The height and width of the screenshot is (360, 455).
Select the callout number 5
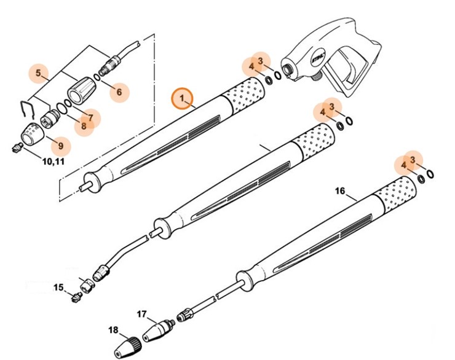point(38,74)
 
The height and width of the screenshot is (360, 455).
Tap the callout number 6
point(119,93)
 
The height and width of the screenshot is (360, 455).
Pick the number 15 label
point(58,287)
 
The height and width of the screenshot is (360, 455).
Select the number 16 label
point(340,191)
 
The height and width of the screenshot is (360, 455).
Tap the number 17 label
point(141,314)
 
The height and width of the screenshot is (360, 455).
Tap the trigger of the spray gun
point(344,67)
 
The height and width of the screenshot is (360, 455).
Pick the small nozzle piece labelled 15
point(76,297)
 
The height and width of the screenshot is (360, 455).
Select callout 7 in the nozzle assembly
point(90,117)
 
